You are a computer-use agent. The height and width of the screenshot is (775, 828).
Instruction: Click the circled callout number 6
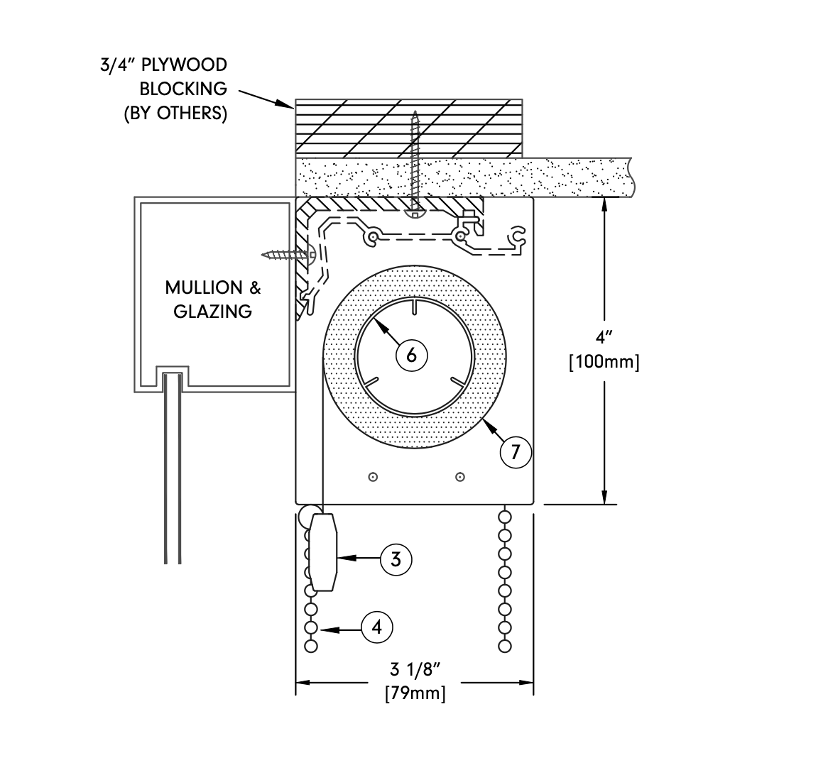tap(411, 356)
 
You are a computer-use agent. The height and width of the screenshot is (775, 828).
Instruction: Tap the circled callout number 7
tap(516, 452)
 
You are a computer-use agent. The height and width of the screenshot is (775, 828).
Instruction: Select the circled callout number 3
tap(396, 559)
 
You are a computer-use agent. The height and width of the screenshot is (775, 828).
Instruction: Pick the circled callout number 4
tap(376, 627)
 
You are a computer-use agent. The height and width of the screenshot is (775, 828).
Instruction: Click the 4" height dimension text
tap(604, 337)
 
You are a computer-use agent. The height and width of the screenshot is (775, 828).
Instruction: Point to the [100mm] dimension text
tap(604, 362)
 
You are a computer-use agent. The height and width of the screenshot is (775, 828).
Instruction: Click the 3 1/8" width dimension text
tap(415, 669)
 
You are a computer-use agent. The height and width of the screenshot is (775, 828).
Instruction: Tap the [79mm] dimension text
tap(415, 693)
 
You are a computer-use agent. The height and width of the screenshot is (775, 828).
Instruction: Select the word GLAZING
tap(213, 312)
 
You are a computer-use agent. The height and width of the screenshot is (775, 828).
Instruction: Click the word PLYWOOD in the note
tap(185, 65)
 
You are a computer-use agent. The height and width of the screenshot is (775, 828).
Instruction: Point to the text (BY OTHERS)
tap(175, 113)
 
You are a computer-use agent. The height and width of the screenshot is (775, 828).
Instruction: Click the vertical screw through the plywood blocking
tap(415, 164)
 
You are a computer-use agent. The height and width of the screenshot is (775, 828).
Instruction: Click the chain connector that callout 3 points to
tap(323, 552)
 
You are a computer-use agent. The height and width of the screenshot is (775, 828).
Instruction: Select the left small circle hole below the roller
tap(373, 477)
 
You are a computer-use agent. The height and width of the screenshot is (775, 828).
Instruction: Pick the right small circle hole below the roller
tap(460, 477)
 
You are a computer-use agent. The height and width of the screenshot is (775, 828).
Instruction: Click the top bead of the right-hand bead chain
tap(505, 516)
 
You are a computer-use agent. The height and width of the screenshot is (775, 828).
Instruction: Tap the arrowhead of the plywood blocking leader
tap(285, 104)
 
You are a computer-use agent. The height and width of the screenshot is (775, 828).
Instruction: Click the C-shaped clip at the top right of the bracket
tap(516, 237)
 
